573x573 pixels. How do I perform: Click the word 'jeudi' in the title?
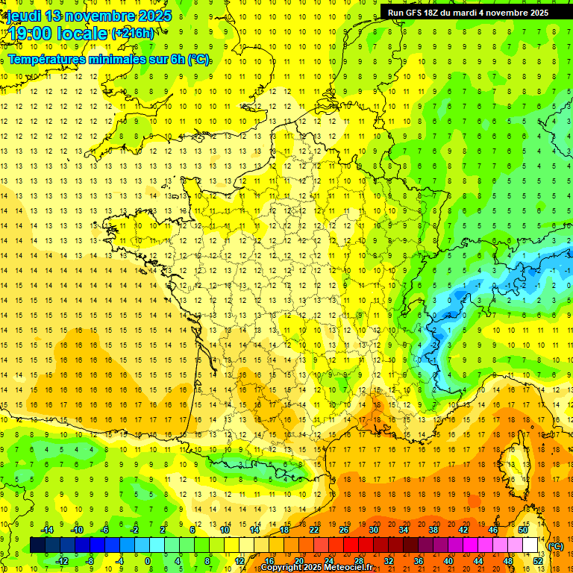tap(23, 16)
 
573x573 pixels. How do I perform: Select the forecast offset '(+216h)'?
tap(134, 34)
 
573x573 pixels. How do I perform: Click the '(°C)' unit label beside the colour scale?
tap(556, 546)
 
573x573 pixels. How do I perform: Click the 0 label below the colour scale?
tap(148, 561)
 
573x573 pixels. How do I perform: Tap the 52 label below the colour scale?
tap(538, 561)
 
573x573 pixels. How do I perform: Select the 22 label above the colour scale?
tap(314, 530)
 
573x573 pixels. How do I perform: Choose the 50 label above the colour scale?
tap(522, 530)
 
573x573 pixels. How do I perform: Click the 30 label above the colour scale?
tap(374, 530)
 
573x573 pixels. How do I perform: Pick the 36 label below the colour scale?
tap(418, 561)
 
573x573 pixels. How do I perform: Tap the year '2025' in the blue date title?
tap(150, 16)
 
